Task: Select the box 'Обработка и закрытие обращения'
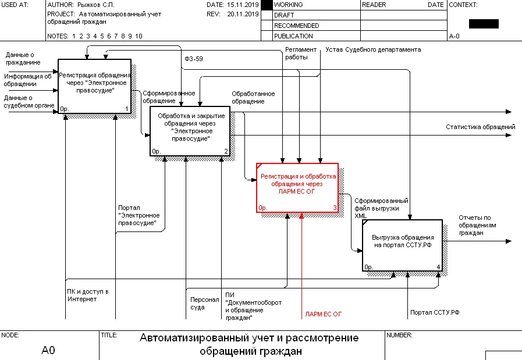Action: click(x=190, y=131)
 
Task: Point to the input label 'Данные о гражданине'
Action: click(x=23, y=58)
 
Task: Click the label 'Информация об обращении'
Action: click(x=27, y=80)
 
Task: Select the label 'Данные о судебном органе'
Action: click(x=29, y=102)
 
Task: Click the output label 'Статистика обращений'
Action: click(x=480, y=127)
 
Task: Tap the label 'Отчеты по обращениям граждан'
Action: click(x=478, y=226)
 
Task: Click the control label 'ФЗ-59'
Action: click(x=193, y=59)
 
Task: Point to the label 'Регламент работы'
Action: click(x=300, y=54)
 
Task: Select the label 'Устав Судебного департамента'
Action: click(x=372, y=50)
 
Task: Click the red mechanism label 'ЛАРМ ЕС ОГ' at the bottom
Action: click(x=323, y=314)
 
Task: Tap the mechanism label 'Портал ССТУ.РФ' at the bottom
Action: click(x=435, y=313)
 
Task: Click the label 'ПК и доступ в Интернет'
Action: click(x=87, y=295)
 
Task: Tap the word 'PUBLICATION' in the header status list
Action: click(x=293, y=36)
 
